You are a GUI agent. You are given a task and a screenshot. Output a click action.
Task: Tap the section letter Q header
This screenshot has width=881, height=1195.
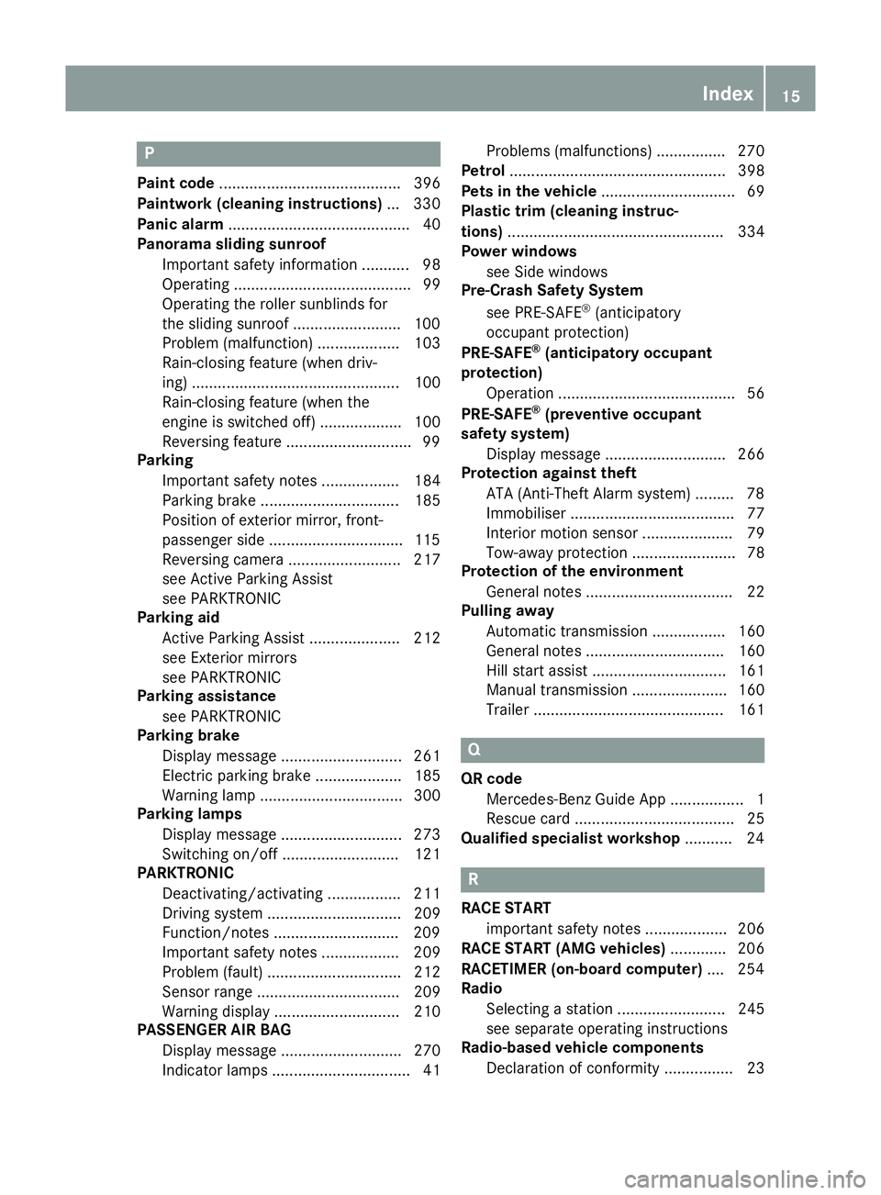pyautogui.click(x=474, y=750)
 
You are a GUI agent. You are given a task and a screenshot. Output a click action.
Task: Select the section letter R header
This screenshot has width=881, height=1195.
pyautogui.click(x=474, y=879)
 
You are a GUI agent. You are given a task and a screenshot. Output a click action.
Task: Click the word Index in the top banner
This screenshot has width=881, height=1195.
pyautogui.click(x=727, y=94)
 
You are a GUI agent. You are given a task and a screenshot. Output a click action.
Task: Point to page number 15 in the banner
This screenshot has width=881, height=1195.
pyautogui.click(x=791, y=95)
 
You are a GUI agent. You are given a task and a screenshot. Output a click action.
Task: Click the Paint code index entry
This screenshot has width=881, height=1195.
pyautogui.click(x=175, y=184)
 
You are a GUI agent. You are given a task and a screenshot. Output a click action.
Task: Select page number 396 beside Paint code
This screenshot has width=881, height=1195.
pyautogui.click(x=427, y=184)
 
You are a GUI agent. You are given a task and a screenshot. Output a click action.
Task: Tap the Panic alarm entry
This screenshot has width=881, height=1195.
pyautogui.click(x=180, y=224)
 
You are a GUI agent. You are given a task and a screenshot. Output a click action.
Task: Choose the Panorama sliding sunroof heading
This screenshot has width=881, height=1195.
pyautogui.click(x=231, y=244)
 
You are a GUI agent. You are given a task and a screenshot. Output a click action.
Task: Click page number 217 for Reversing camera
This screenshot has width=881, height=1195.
pyautogui.click(x=427, y=560)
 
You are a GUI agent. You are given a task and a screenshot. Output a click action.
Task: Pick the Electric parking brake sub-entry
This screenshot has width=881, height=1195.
pyautogui.click(x=236, y=776)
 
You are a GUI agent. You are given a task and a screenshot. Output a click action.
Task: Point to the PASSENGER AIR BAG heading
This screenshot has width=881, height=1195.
pyautogui.click(x=214, y=1030)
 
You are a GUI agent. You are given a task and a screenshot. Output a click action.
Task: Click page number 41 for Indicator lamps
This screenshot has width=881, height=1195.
pyautogui.click(x=431, y=1070)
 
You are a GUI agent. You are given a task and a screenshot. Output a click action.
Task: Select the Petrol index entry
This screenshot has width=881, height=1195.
pyautogui.click(x=483, y=171)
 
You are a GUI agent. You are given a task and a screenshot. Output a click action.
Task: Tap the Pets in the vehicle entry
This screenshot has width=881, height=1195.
pyautogui.click(x=529, y=191)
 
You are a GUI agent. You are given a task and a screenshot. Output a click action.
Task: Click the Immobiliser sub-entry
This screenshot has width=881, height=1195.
pyautogui.click(x=526, y=513)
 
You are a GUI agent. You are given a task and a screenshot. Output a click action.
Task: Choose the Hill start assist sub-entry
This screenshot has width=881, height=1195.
pyautogui.click(x=536, y=671)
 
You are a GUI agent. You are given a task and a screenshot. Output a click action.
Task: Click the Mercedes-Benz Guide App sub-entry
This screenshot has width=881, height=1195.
pyautogui.click(x=575, y=799)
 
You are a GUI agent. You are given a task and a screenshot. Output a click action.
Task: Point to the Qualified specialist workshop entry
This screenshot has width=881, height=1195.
pyautogui.click(x=570, y=838)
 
